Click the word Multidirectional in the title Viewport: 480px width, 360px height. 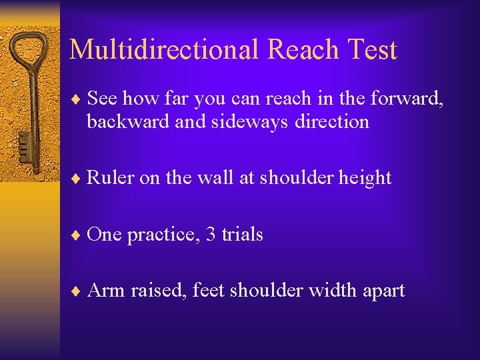pyautogui.click(x=164, y=50)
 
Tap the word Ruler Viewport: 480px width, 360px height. pyautogui.click(x=111, y=178)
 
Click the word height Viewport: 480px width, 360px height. pyautogui.click(x=365, y=178)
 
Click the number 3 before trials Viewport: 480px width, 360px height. pyautogui.click(x=211, y=235)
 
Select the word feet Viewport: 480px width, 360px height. pyautogui.click(x=208, y=291)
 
